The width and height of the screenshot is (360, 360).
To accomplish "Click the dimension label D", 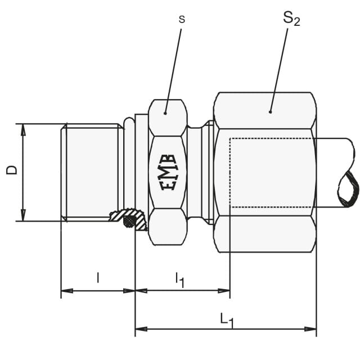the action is [x=12, y=170].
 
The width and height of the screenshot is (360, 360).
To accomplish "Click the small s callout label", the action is [x=182, y=20].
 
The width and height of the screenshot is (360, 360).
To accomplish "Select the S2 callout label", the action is [x=291, y=19].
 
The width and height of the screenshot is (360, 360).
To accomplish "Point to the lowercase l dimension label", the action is [x=98, y=277].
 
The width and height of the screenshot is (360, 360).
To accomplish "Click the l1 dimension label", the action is [x=180, y=280].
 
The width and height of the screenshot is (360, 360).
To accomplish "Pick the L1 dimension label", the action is [x=227, y=321].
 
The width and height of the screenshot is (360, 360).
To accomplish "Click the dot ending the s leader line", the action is [x=165, y=113].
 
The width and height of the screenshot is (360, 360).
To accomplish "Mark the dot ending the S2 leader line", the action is [x=270, y=112].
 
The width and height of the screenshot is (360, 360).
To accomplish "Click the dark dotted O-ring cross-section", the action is [x=129, y=221].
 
